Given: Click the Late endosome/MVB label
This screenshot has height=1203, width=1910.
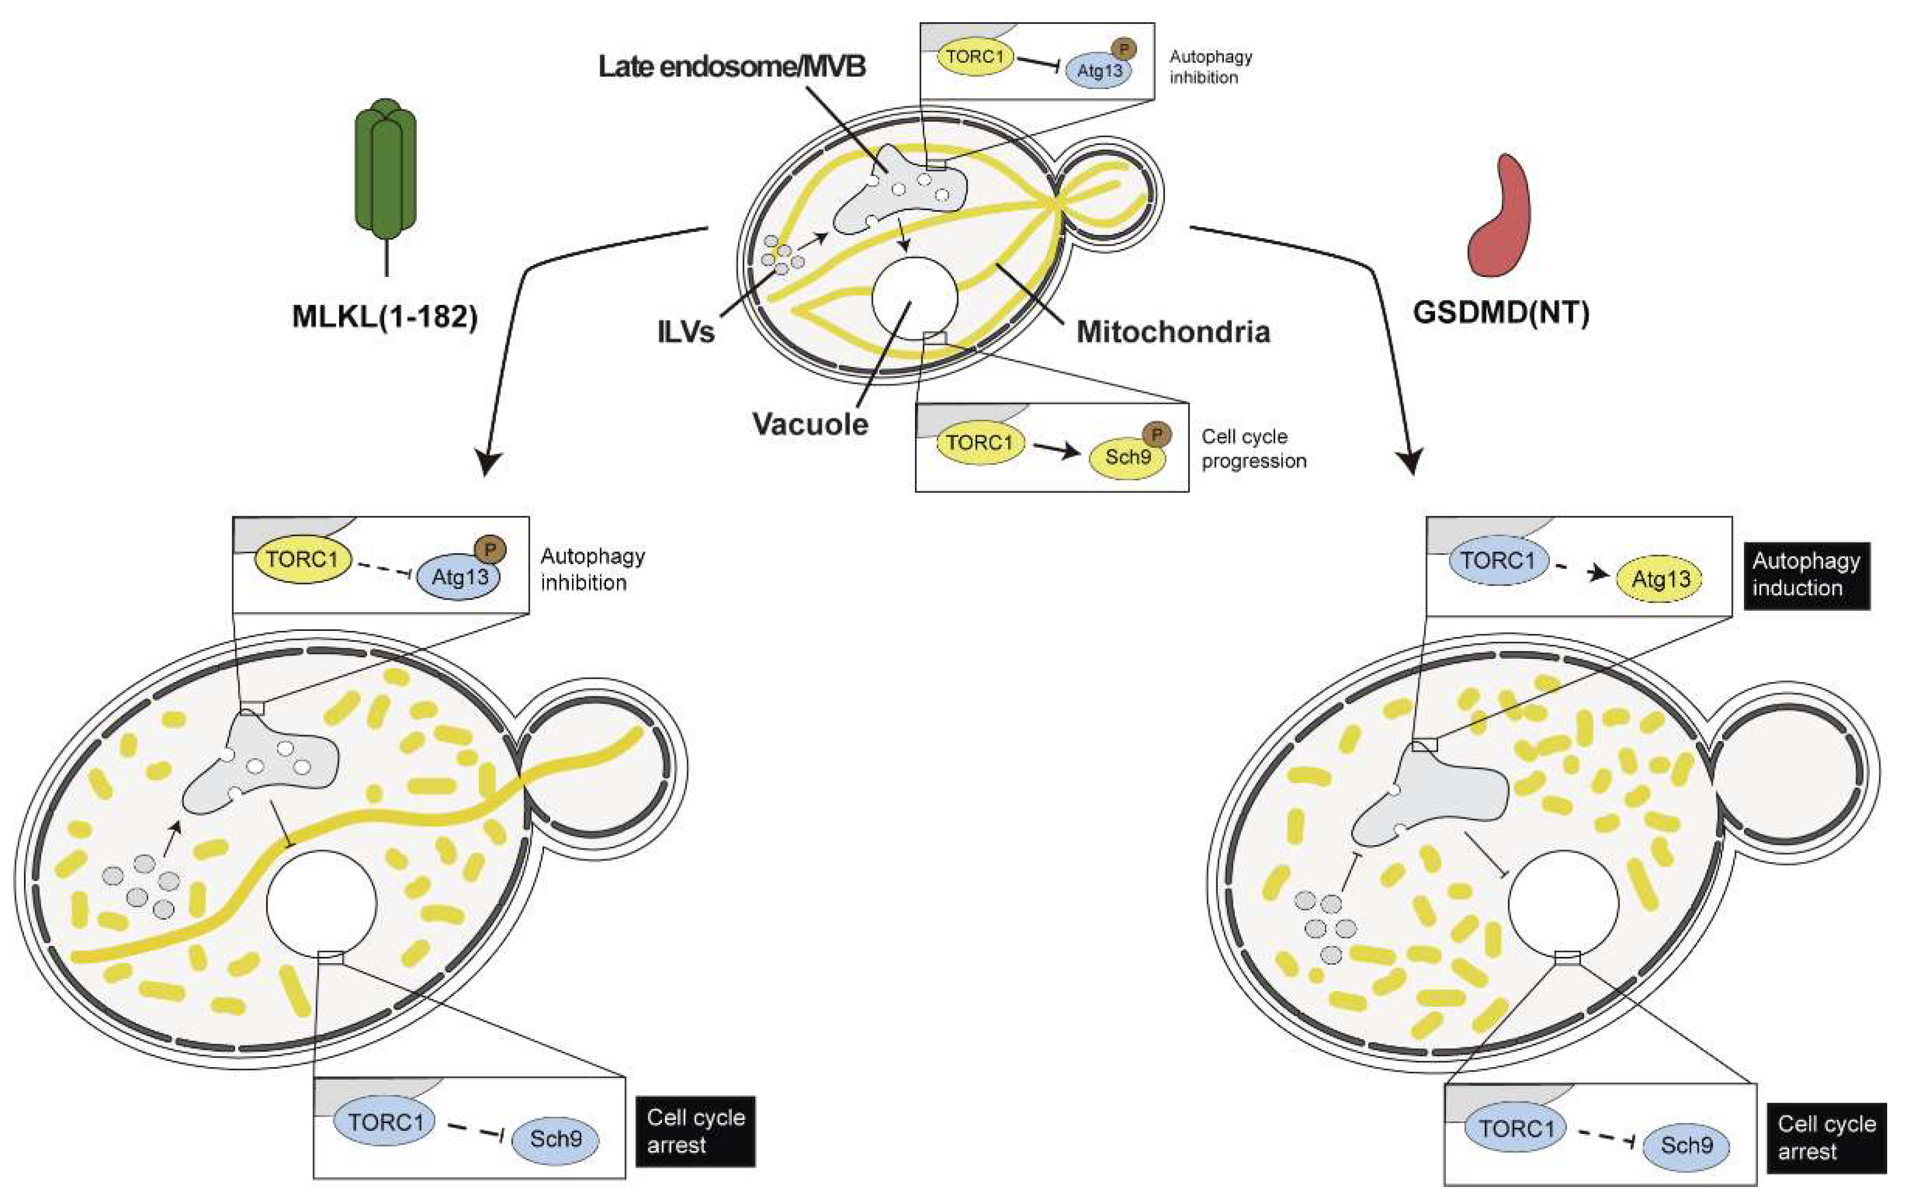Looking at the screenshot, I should (731, 67).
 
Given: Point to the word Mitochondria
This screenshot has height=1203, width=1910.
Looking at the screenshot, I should (1172, 332).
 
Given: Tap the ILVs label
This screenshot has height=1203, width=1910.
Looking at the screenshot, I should (686, 332).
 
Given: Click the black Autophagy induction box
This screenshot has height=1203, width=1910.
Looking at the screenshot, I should (1806, 576).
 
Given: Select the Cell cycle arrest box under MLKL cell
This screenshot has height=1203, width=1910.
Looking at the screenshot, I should (696, 1131).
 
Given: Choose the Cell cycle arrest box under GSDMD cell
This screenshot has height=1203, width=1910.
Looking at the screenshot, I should (1826, 1137).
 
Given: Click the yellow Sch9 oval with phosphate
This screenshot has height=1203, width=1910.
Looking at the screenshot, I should (1127, 458).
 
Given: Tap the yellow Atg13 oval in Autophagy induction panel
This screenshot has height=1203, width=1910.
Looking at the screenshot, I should (1660, 580).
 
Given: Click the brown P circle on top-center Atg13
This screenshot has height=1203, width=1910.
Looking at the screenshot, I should (1123, 49).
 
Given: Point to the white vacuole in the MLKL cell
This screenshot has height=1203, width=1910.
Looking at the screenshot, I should (321, 904).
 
